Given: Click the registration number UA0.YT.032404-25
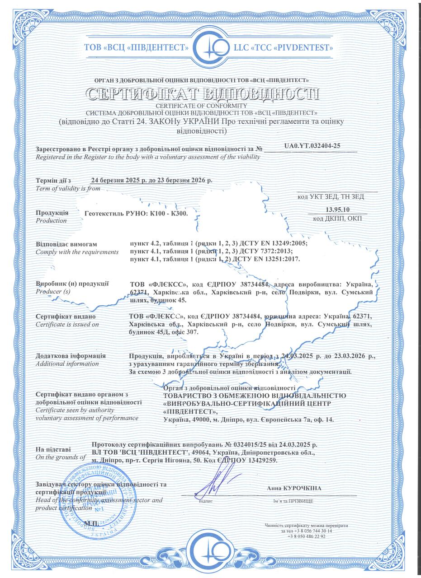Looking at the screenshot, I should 312,146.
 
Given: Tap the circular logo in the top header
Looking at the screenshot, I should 211,47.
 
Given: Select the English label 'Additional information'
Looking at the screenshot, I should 67,364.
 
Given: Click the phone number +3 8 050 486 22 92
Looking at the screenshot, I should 306,536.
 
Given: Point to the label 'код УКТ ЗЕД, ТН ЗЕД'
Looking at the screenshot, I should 331,196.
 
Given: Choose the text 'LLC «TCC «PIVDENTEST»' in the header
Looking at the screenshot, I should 283,47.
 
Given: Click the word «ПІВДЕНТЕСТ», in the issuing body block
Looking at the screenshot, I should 190,411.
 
